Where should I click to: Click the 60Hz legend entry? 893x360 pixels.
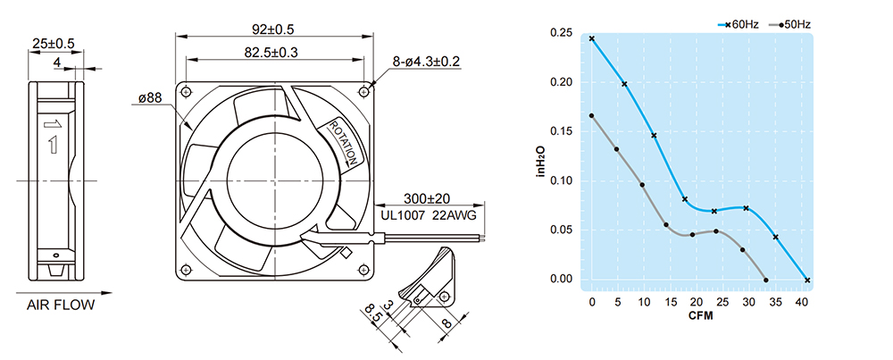click(x=739, y=24)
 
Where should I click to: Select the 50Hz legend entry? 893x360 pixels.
click(x=790, y=24)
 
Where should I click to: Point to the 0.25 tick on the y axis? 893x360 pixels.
click(x=562, y=33)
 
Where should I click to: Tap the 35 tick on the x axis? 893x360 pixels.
click(x=775, y=302)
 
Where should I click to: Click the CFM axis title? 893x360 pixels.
click(x=700, y=315)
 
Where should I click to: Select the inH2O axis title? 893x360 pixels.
click(x=542, y=160)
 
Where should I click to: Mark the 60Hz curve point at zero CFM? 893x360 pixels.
click(x=592, y=38)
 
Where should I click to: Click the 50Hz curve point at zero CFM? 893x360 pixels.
click(x=592, y=115)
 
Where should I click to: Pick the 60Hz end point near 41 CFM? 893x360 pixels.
click(x=807, y=280)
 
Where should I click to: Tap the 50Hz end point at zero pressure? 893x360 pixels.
click(x=766, y=280)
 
